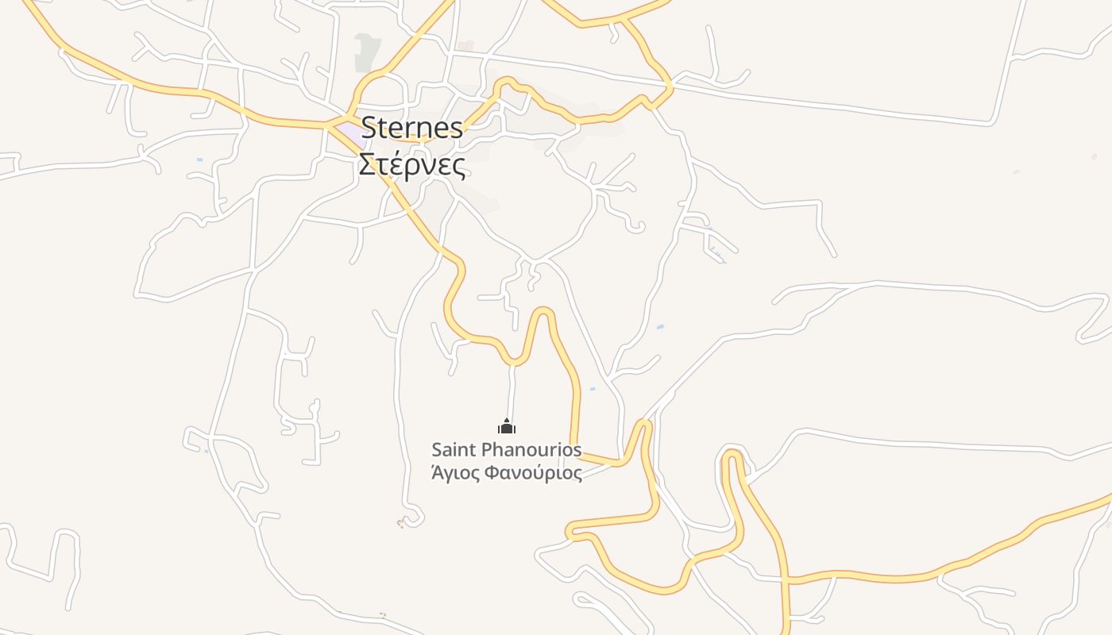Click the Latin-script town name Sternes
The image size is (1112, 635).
click(411, 128)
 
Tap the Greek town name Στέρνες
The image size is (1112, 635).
click(411, 164)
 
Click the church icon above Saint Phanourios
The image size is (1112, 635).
click(507, 427)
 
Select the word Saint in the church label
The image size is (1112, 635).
click(454, 450)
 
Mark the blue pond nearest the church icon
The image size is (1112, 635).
click(592, 389)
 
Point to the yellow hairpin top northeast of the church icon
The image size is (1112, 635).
click(543, 310)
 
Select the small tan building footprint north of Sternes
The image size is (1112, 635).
click(467, 46)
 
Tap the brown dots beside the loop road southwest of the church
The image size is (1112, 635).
click(400, 522)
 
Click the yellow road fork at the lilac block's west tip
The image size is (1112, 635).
click(327, 125)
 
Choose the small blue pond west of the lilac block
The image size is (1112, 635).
click(199, 160)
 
